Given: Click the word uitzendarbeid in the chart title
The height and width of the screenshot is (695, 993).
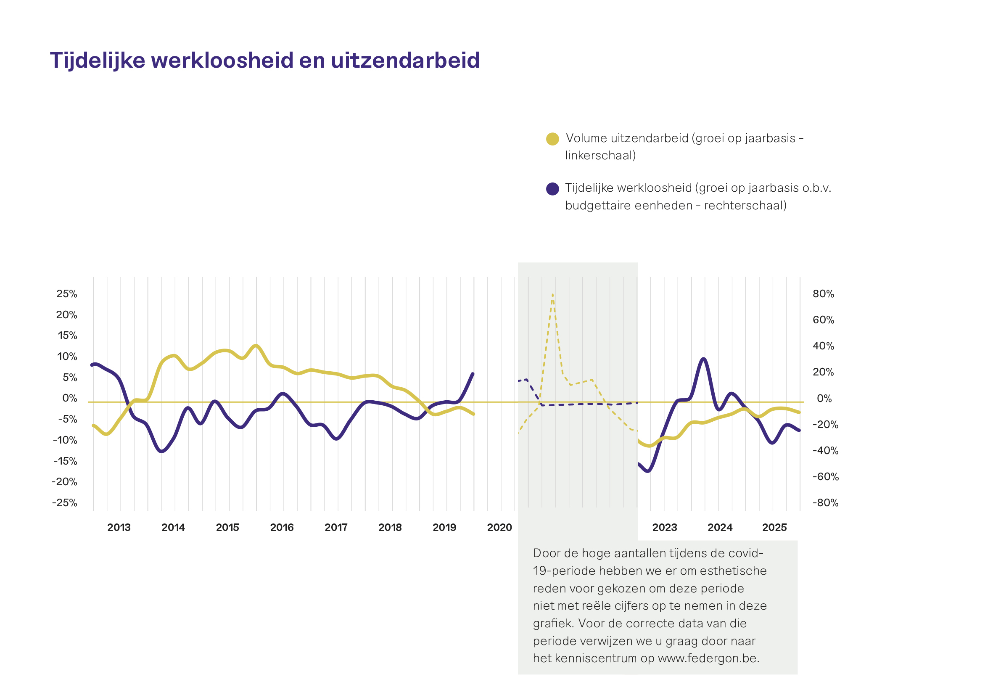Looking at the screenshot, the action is coord(405,61).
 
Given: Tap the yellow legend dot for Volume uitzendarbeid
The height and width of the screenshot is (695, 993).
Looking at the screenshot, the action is coord(552,139).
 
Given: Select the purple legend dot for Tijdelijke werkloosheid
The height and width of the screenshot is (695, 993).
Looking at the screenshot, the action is coord(552,189).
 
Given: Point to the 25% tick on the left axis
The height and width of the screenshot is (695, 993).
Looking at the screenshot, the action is coord(67,293).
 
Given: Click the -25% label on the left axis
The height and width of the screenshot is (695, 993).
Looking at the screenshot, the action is coord(65,502).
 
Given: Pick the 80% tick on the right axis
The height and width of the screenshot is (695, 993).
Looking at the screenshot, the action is coord(824,293).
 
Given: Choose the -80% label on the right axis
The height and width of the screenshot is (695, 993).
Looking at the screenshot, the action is coord(826,502).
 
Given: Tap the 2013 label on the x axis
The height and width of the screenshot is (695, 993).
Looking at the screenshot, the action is coord(119,527).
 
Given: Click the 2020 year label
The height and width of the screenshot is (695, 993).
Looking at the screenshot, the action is coord(499,527).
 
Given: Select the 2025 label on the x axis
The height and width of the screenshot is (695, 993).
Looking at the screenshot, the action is coord(774,527).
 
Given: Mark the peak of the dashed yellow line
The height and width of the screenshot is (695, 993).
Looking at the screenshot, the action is coord(553,295).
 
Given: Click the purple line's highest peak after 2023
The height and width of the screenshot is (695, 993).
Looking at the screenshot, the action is coord(704,359).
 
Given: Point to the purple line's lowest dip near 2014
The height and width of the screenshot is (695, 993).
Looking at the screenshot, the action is coord(162,452).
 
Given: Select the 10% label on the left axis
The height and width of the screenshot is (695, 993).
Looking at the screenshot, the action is coord(67,357).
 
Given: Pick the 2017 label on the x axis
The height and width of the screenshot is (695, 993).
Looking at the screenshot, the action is coord(336,527).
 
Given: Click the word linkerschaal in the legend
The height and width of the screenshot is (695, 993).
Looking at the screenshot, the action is coord(599,155).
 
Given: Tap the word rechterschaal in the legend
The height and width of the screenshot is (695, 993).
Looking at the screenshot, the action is coord(743,206).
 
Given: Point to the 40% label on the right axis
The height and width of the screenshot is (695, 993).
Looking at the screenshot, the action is coord(824,346).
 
